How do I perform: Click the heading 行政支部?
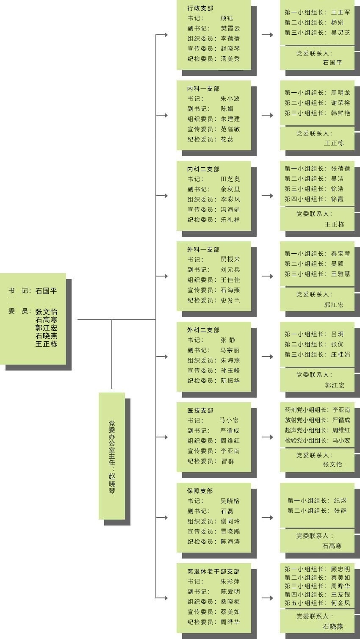[200, 8]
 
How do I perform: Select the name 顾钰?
[227, 18]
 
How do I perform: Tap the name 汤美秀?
[230, 59]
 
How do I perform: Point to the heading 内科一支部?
[204, 89]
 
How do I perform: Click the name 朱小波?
[230, 99]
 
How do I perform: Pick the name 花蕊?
[227, 139]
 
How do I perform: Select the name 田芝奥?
[230, 179]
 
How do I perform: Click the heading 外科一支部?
[204, 249]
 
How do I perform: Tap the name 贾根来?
[230, 260]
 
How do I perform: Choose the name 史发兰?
[230, 300]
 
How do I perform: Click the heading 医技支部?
[200, 410]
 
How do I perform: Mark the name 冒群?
[227, 461]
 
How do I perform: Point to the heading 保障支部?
[200, 491]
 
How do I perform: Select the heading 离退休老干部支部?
[213, 571]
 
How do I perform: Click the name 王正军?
[341, 12]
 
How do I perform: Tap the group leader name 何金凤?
[341, 603]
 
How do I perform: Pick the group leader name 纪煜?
[340, 501]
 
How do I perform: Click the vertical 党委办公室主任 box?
[112, 456]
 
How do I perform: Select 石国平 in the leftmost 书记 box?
[46, 291]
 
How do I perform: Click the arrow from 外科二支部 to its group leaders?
[268, 357]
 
